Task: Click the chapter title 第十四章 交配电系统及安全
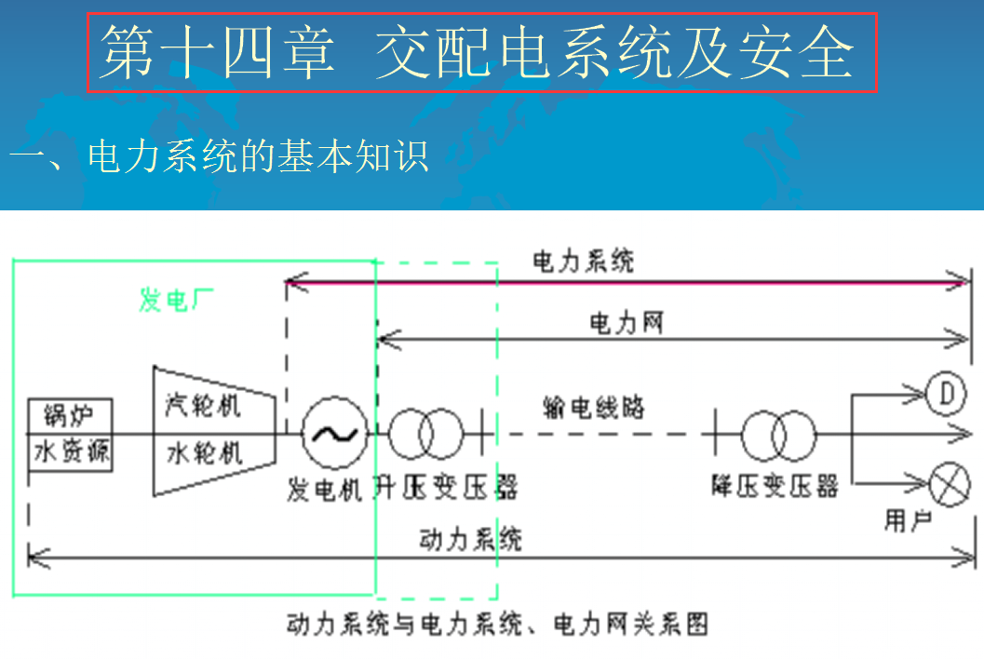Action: pyautogui.click(x=482, y=52)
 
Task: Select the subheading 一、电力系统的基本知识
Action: pyautogui.click(x=220, y=155)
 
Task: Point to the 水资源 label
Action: pyautogui.click(x=71, y=452)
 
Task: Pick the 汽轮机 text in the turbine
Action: pyautogui.click(x=203, y=406)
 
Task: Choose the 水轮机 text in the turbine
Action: pyautogui.click(x=203, y=453)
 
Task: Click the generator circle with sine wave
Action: pyautogui.click(x=333, y=434)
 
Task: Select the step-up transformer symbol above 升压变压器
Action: pyautogui.click(x=425, y=434)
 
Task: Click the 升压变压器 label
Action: pyautogui.click(x=445, y=487)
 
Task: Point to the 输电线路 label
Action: pyautogui.click(x=593, y=407)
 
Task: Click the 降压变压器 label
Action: pyautogui.click(x=775, y=486)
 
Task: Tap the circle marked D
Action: pyautogui.click(x=948, y=395)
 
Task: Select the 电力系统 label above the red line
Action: pyautogui.click(x=583, y=262)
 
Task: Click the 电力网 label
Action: pyautogui.click(x=626, y=323)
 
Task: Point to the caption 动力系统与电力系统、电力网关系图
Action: pyautogui.click(x=497, y=623)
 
